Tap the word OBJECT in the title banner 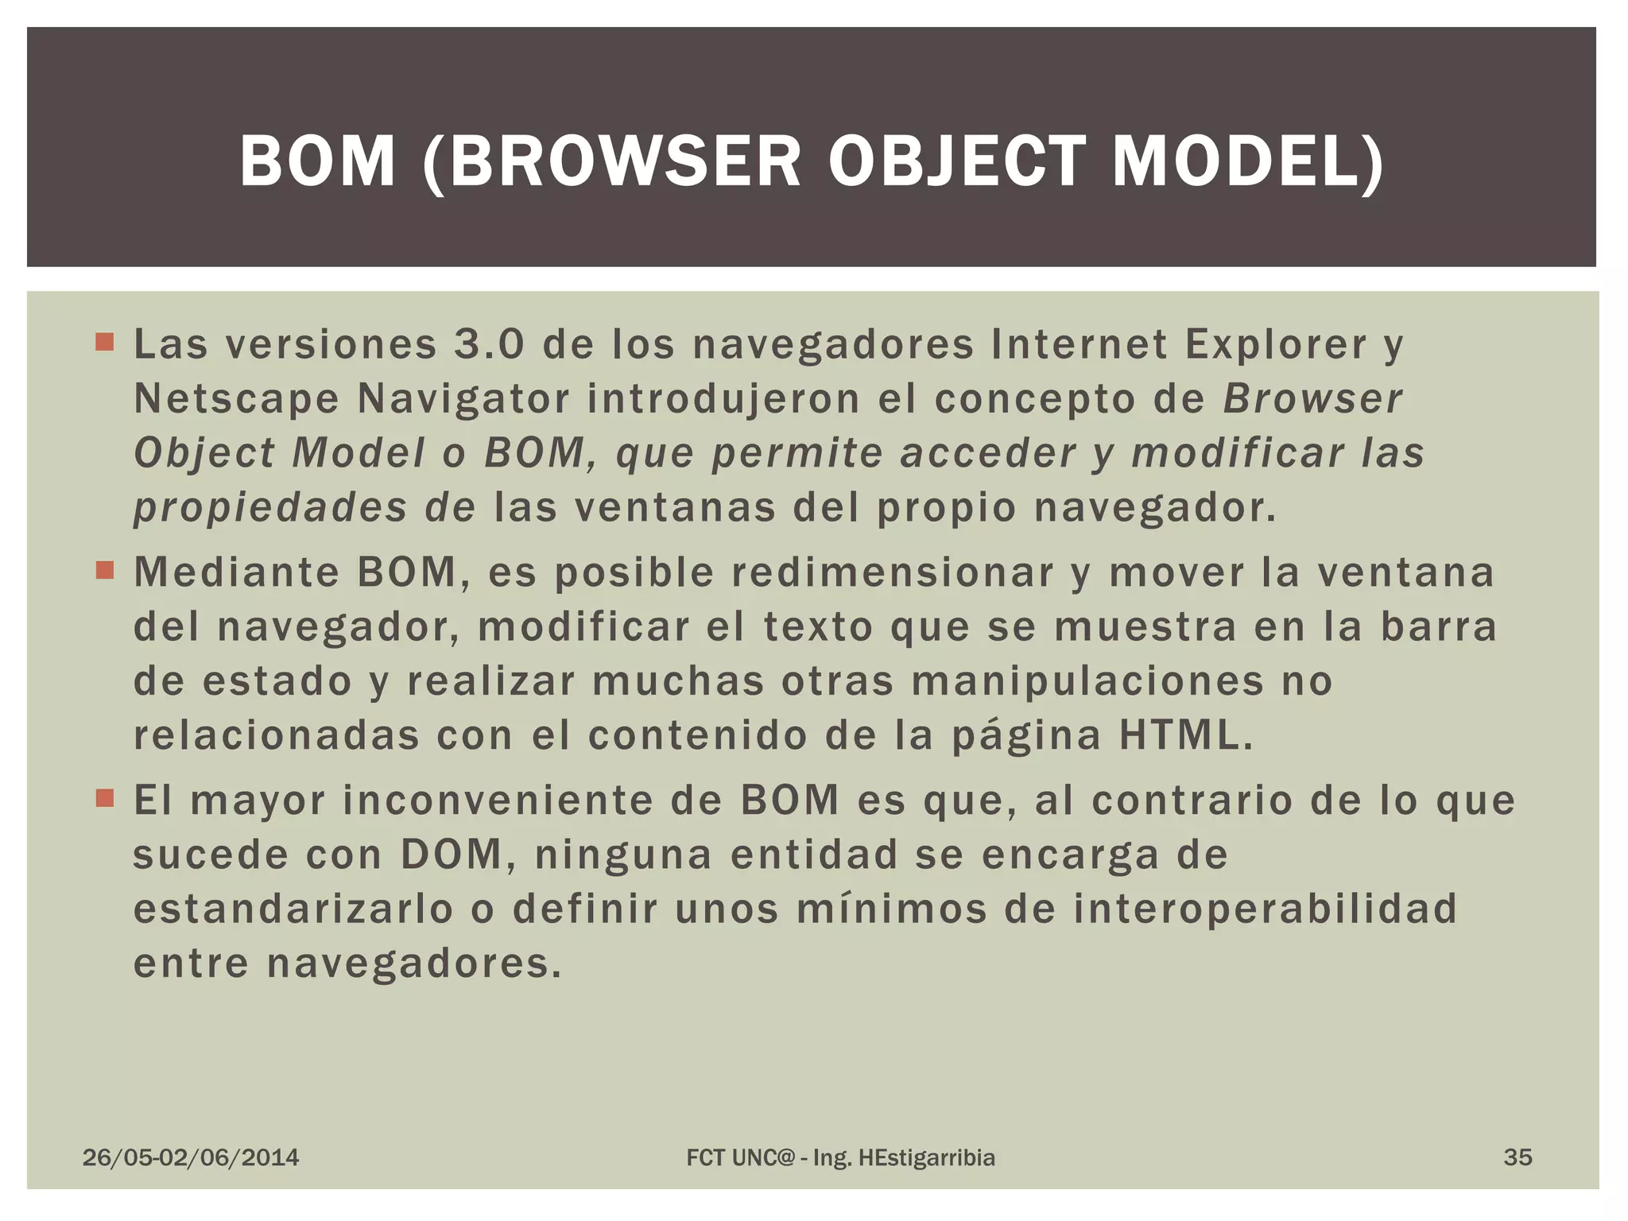tap(956, 161)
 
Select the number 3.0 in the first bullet tap(489, 344)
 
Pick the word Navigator tap(463, 399)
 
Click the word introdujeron tap(723, 399)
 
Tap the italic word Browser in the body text tap(1312, 399)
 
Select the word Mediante tap(237, 572)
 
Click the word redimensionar tap(892, 572)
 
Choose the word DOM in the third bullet tap(451, 855)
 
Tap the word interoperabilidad tap(1266, 909)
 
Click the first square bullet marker tap(104, 343)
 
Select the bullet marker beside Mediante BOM tap(104, 571)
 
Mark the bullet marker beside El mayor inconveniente tap(104, 798)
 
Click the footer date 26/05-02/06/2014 tap(191, 1157)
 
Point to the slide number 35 tap(1518, 1157)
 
